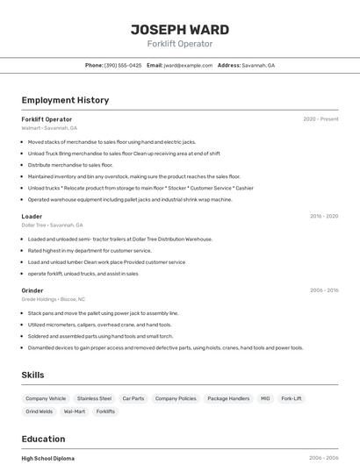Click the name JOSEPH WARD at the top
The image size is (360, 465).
(x=180, y=30)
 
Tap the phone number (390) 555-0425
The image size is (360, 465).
(x=123, y=65)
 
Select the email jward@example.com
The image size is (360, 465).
(x=188, y=65)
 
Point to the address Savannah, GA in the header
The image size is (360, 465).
(x=258, y=65)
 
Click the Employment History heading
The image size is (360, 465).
(x=65, y=100)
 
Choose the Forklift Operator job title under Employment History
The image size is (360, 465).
(x=47, y=118)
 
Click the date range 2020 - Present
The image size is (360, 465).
(x=320, y=118)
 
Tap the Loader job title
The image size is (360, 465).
(x=32, y=216)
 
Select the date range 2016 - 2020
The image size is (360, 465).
(x=323, y=216)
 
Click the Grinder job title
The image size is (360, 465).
(x=32, y=290)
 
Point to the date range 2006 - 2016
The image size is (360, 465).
(x=323, y=290)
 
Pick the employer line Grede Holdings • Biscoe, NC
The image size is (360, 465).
(x=53, y=299)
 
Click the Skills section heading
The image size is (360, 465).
(x=32, y=375)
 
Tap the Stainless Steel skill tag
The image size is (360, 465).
(x=94, y=398)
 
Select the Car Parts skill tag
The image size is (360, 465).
(x=133, y=398)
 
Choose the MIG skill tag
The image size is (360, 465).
(x=265, y=398)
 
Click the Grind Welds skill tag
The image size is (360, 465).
(x=40, y=411)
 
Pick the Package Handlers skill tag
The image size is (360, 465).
(x=228, y=398)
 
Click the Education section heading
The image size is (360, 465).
(x=43, y=439)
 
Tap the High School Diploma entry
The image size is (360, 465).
(x=47, y=458)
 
